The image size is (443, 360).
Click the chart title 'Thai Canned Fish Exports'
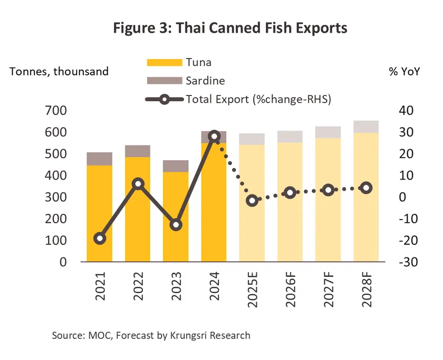point(230,28)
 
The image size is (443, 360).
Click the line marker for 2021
point(100,238)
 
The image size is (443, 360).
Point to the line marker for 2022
point(138,184)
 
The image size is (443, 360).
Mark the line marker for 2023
point(176,225)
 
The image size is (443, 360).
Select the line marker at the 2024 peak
point(214,137)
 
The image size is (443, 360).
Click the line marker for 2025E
point(252,200)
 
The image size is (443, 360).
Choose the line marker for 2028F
point(366,188)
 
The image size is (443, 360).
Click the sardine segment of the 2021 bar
point(100,159)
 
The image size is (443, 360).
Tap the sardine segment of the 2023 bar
point(176,166)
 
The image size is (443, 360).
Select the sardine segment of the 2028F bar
point(366,127)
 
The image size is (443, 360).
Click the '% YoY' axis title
point(404,72)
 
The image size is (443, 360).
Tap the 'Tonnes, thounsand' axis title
point(59,72)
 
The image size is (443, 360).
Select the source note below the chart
point(151,335)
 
